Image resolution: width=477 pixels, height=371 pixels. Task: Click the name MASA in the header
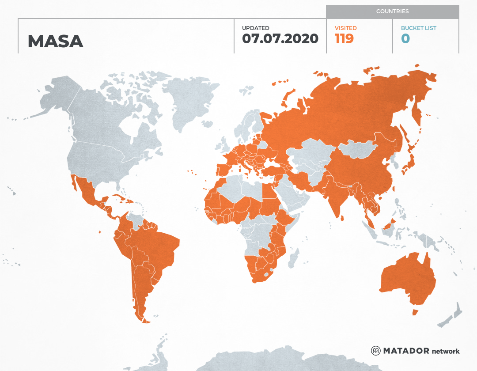(x=55, y=41)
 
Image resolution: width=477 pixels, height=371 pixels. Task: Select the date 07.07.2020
(x=280, y=38)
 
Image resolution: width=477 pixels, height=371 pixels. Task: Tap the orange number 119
(x=344, y=38)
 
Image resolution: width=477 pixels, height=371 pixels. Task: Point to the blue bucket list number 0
(x=405, y=38)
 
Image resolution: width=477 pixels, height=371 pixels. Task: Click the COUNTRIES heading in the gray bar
(x=392, y=11)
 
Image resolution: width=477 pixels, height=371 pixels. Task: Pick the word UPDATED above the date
(x=255, y=28)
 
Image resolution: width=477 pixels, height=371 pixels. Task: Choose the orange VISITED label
(x=345, y=28)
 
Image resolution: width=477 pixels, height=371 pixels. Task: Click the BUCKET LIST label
(x=418, y=28)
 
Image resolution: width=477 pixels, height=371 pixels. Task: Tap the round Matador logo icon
(x=375, y=351)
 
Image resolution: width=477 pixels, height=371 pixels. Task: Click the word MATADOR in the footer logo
(x=406, y=351)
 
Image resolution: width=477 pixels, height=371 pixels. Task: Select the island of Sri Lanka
(x=342, y=217)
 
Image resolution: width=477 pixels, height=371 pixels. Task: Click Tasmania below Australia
(x=415, y=312)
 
